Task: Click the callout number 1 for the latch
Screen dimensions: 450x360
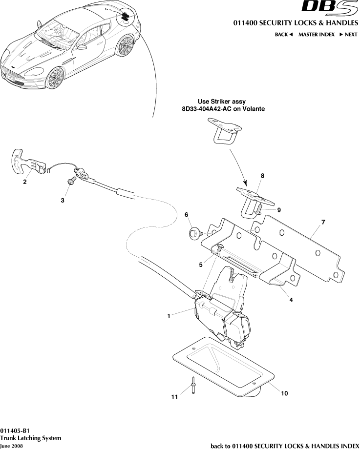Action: pos(169,316)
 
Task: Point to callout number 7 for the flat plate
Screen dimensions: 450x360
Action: pos(323,222)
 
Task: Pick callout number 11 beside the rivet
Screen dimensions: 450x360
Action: pos(174,398)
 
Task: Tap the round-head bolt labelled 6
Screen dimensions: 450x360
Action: pos(194,234)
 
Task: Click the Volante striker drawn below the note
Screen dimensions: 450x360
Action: pos(225,131)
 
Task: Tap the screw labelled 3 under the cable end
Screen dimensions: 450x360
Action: pos(71,181)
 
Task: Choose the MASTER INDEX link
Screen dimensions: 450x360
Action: pos(316,35)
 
